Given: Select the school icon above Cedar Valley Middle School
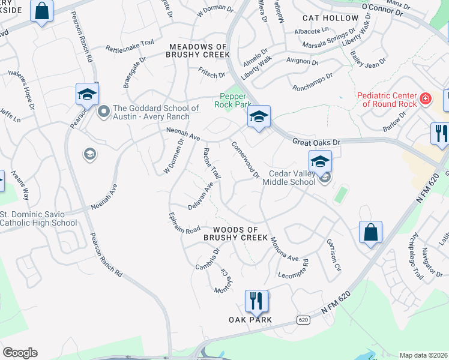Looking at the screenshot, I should (320, 161).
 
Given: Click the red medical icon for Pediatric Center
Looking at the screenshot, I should (426, 98).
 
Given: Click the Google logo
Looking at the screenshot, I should (20, 353).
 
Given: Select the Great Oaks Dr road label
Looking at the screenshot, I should (316, 142).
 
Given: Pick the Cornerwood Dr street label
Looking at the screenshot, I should (246, 160).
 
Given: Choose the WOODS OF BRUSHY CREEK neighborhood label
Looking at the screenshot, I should (235, 234).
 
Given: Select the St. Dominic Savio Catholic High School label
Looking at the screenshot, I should (38, 219).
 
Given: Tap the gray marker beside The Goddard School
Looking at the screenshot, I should (103, 111).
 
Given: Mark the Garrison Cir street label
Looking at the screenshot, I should (334, 255).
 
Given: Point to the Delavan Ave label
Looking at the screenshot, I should (200, 195).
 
